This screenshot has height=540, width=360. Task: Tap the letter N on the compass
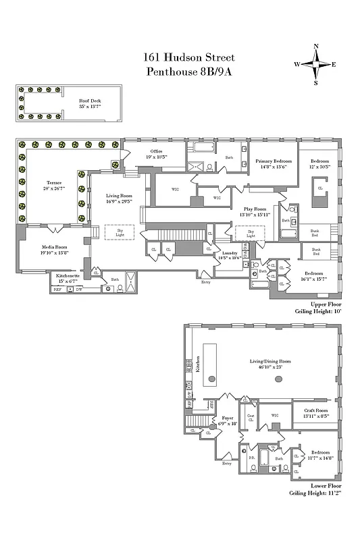click(316, 47)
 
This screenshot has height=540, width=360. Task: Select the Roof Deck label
click(91, 102)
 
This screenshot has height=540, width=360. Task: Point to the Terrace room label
click(54, 182)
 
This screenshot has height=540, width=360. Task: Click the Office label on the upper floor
click(156, 151)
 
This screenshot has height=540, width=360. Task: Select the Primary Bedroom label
click(273, 162)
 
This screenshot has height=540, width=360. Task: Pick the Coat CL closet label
click(251, 417)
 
